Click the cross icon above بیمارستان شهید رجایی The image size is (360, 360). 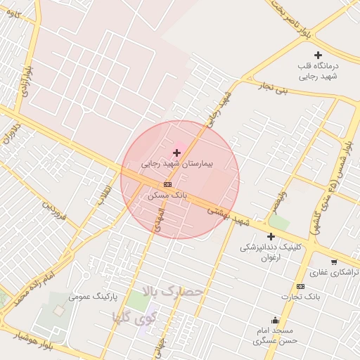pos(176,153)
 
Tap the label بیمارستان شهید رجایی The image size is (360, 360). pos(176,163)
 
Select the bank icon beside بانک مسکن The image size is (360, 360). pos(167,184)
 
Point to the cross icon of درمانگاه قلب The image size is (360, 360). pos(318,55)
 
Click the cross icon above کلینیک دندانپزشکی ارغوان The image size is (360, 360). pos(271,237)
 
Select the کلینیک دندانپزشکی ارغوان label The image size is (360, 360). pos(271,252)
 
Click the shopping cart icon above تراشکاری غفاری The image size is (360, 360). pos(334,262)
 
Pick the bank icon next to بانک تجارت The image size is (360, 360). pos(300,286)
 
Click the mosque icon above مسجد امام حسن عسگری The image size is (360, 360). pos(276,321)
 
